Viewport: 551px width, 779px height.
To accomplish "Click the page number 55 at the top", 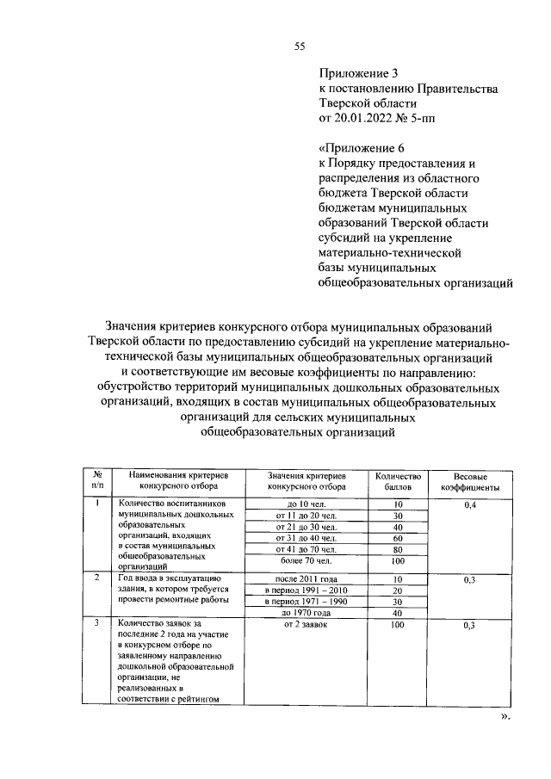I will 300,47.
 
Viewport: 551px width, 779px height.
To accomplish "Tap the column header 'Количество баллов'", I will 398,480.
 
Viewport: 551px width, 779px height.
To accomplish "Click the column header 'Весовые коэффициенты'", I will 470,480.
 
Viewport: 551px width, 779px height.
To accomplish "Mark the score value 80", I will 398,548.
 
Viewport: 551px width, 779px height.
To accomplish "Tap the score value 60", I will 398,537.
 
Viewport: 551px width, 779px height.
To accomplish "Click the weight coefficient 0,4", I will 470,504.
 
